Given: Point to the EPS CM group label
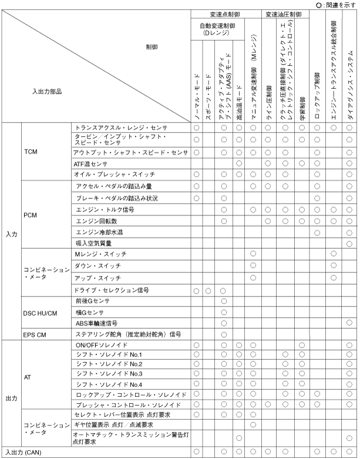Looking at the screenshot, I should coord(35,333).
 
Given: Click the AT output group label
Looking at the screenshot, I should coord(28,379).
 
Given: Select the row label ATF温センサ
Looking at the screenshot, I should coord(92,163).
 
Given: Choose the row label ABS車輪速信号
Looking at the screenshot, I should coord(96,323).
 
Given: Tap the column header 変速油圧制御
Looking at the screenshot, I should coord(283,13).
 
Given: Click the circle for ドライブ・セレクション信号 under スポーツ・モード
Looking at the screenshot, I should coord(210,291).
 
